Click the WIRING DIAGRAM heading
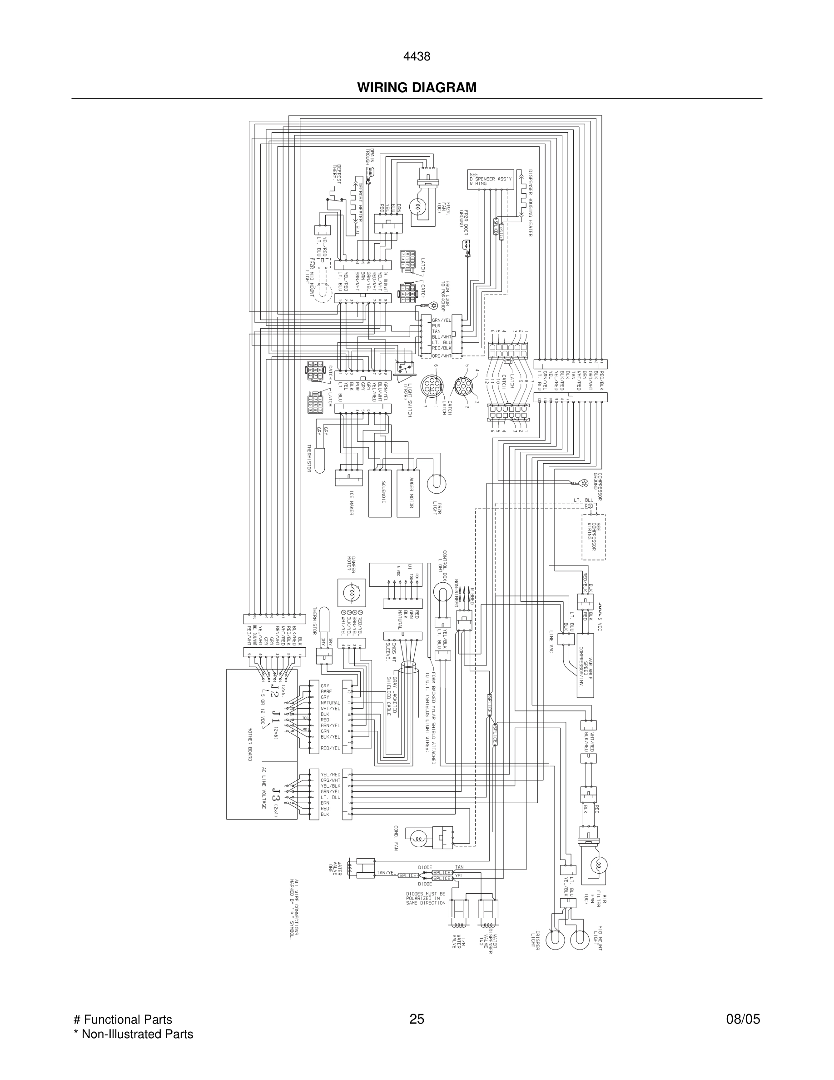[x=417, y=88]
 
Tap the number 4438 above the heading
[x=417, y=57]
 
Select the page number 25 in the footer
[x=417, y=1019]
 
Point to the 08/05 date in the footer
[x=743, y=1019]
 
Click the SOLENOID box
[x=380, y=493]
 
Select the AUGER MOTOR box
[x=408, y=493]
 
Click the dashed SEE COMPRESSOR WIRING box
[x=593, y=536]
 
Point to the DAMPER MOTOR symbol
[x=351, y=593]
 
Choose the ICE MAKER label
[x=351, y=503]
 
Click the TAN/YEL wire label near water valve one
[x=387, y=873]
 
